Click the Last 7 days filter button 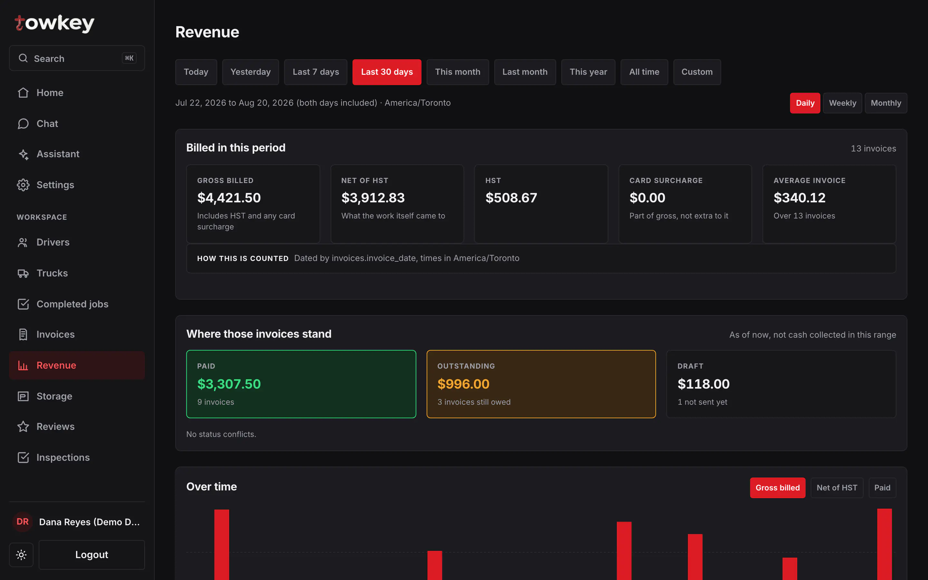point(315,72)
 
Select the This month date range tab point(458,72)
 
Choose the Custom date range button point(697,72)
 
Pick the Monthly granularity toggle point(886,103)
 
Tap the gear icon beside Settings point(23,185)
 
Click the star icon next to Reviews point(23,427)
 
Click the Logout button point(92,555)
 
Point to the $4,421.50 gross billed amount point(229,198)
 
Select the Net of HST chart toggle point(837,488)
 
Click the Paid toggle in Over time point(882,488)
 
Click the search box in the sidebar point(77,58)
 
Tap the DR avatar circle point(23,522)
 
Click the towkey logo point(54,24)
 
